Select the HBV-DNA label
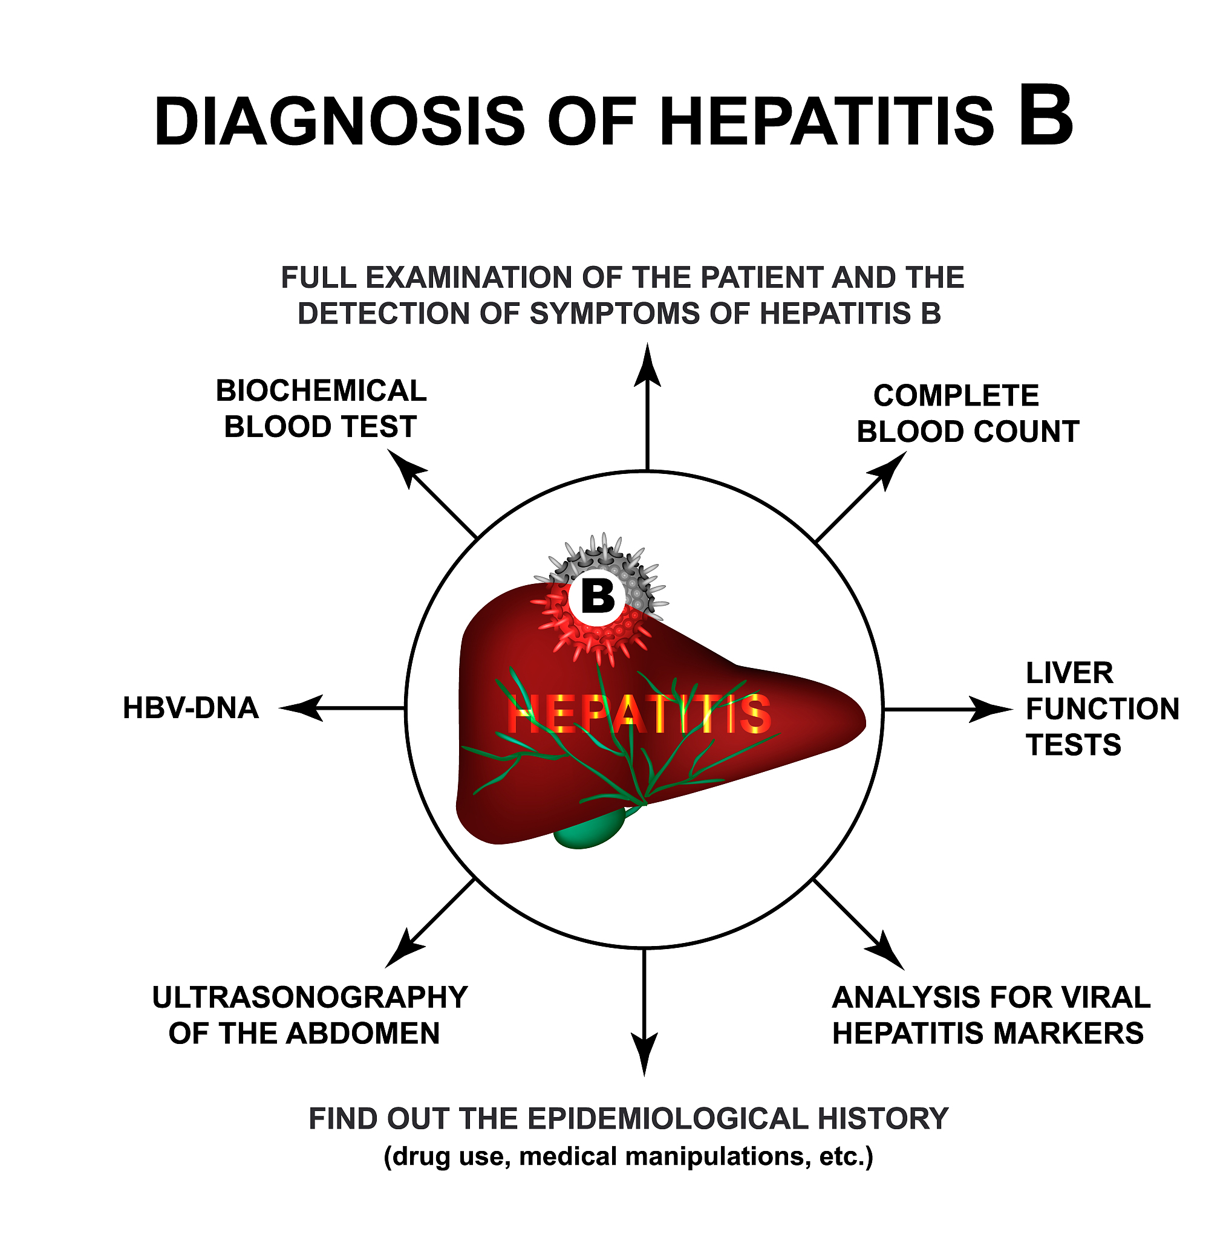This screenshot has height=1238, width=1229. click(191, 708)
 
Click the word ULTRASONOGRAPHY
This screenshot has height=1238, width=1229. click(310, 997)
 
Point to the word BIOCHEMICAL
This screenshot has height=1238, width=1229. click(321, 391)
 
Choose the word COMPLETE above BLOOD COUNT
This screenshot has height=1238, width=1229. click(955, 395)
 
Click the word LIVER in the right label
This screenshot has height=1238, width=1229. click(1069, 673)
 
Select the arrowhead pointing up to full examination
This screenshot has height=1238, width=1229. click(647, 365)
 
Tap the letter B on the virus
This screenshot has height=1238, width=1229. click(598, 596)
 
